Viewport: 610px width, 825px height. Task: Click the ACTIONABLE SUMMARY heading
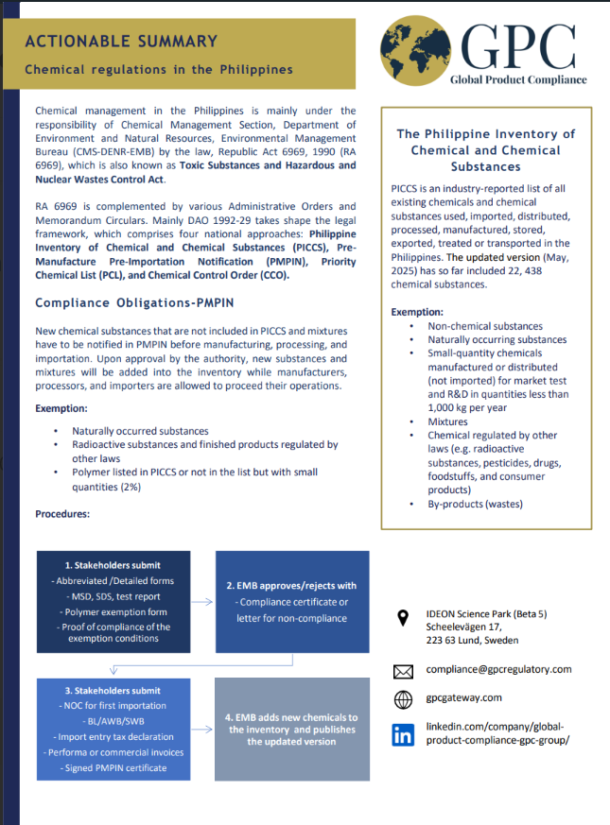pyautogui.click(x=121, y=42)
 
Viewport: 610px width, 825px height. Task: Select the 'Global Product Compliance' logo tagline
pyautogui.click(x=518, y=80)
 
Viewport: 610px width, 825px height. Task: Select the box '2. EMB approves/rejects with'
pyautogui.click(x=292, y=602)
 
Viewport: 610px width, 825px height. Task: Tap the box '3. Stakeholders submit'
pyautogui.click(x=113, y=729)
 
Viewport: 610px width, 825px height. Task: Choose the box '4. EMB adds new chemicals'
pyautogui.click(x=291, y=729)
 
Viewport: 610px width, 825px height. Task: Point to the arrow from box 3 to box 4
pyautogui.click(x=201, y=730)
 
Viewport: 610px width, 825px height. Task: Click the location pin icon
pyautogui.click(x=403, y=618)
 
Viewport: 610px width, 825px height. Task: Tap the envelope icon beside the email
pyautogui.click(x=403, y=672)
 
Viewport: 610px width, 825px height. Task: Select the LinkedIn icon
pyautogui.click(x=403, y=733)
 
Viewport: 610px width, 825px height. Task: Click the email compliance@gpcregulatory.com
pyautogui.click(x=498, y=669)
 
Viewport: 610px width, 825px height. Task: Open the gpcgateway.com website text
pyautogui.click(x=464, y=697)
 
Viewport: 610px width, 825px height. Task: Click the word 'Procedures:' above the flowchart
pyautogui.click(x=62, y=514)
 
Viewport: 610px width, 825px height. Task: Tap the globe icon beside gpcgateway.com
pyautogui.click(x=403, y=700)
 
